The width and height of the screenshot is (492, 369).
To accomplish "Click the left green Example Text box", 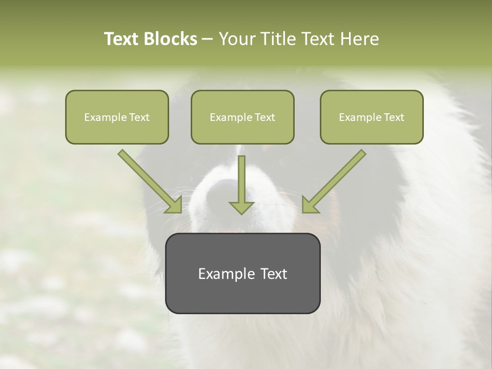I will pos(117,117).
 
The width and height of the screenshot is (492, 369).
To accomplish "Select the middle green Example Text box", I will pos(242,117).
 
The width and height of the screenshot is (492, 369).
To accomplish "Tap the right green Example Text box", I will pos(372,117).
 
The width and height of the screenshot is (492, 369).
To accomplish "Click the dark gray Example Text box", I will pos(242,273).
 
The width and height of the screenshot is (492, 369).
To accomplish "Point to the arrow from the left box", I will pos(148,179).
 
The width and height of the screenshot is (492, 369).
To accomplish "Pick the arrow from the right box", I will pos(336,179).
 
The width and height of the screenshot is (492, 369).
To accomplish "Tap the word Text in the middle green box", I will pos(264,117).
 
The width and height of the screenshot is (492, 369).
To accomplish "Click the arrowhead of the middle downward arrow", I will pos(241,207).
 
